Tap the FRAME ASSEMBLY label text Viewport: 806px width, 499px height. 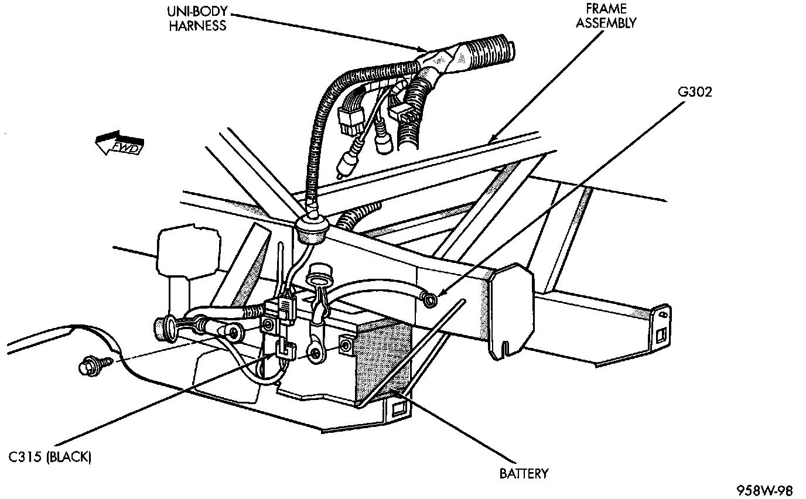(x=606, y=16)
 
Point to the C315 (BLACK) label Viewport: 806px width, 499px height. (x=50, y=457)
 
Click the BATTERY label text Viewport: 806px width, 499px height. (x=524, y=473)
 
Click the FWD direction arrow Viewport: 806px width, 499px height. (x=118, y=144)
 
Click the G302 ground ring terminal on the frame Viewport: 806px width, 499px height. (x=431, y=299)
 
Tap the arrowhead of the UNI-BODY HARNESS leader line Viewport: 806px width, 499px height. (x=425, y=50)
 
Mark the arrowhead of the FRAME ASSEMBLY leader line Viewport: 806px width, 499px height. (x=490, y=141)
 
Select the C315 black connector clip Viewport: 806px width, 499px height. (x=284, y=350)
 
